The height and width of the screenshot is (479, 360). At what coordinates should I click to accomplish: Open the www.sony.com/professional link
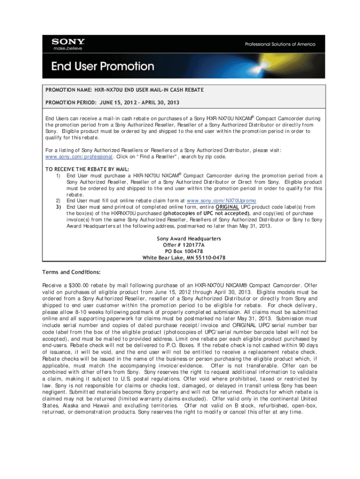tap(79, 157)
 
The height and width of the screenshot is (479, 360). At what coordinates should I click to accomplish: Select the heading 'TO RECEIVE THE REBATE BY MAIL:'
tap(87, 169)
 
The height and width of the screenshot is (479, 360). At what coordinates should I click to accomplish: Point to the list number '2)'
tap(58, 200)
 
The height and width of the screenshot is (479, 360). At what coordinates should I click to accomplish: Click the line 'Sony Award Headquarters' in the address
tap(189, 239)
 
